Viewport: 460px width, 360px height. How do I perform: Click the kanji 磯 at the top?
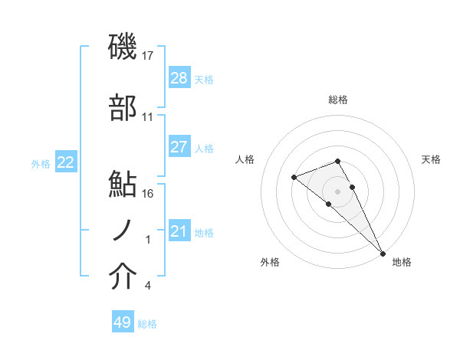pos(123,47)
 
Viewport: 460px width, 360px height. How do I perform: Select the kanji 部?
pos(123,109)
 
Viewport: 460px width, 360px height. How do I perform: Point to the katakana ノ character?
pos(123,231)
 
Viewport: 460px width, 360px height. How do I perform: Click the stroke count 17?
pos(148,56)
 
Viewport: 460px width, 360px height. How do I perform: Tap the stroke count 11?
pos(148,117)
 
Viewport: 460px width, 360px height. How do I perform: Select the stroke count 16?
pos(148,194)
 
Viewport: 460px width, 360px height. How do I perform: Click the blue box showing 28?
pos(179,78)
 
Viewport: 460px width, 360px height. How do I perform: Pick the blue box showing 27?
pos(179,147)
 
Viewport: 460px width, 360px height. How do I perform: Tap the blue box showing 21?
pos(179,231)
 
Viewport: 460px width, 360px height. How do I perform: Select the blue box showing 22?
pos(66,162)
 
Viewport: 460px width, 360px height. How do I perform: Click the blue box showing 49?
pos(123,322)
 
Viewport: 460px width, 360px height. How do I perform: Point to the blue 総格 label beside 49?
pos(147,324)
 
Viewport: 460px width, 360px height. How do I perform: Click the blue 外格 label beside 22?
pos(41,163)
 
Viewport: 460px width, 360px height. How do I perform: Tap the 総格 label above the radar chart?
pos(338,100)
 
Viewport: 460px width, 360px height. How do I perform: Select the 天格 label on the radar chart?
pos(431,159)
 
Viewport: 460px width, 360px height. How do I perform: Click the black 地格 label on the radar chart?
pos(402,262)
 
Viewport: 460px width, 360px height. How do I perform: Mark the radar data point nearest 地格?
pos(382,252)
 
